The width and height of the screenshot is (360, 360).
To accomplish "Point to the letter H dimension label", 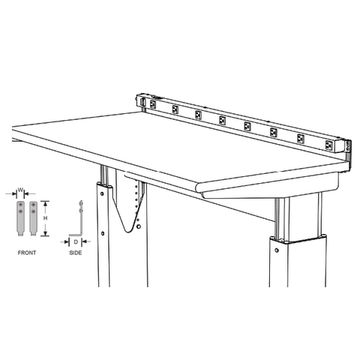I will click(46, 217).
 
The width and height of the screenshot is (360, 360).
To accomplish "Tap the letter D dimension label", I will click(76, 241).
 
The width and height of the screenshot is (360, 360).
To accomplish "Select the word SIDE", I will click(75, 253).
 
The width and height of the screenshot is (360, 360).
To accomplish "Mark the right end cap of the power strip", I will click(346, 146).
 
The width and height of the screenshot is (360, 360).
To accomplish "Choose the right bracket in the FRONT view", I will click(32, 217).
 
